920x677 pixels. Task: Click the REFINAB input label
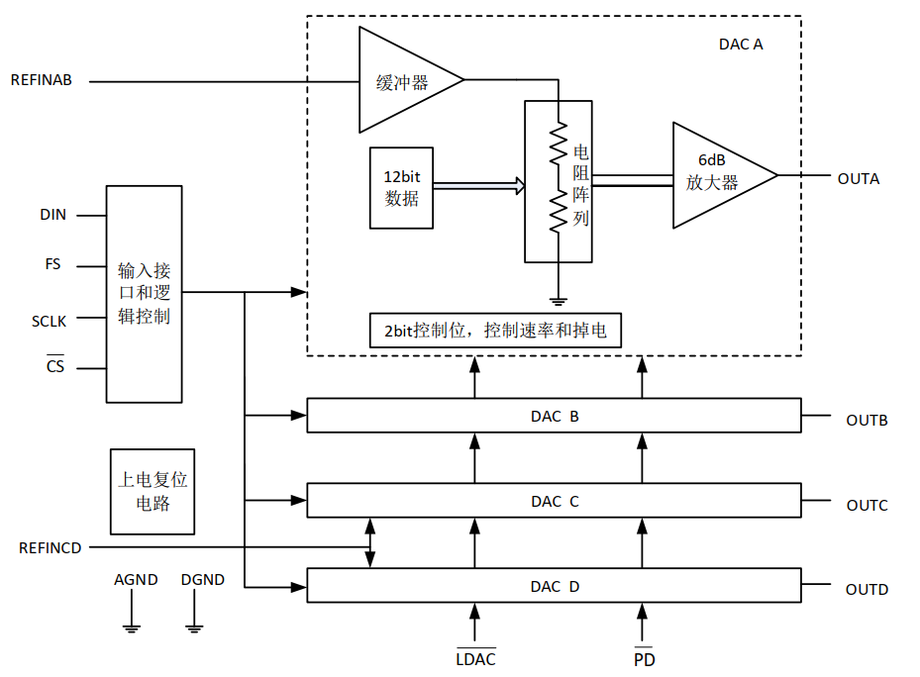pos(41,80)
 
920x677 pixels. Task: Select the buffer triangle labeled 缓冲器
pos(401,81)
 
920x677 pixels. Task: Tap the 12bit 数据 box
pos(401,187)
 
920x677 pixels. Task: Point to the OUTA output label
pos(858,179)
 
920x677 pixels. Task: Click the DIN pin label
pos(52,215)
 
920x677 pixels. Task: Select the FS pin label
pos(52,265)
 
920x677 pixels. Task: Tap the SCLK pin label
pos(49,321)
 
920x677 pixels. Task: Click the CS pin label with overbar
pos(55,367)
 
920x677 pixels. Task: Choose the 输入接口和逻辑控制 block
pos(144,293)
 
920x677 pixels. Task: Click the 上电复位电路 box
pos(152,491)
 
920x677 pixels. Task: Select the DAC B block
pos(554,416)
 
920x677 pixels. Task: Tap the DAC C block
pos(554,501)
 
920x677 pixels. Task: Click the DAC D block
pos(554,586)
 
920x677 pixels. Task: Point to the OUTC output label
pos(867,506)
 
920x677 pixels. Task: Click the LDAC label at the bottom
pos(475,658)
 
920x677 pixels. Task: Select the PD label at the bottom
pos(644,658)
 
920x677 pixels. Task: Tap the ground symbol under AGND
pos(129,624)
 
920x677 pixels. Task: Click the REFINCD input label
pos(50,547)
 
